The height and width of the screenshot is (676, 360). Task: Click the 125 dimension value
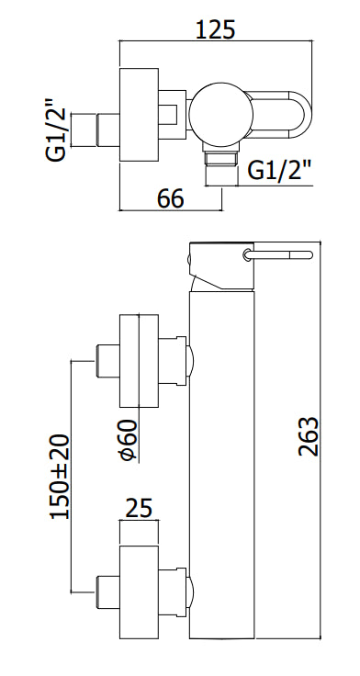tap(216, 28)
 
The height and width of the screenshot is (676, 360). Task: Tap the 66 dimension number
tap(170, 198)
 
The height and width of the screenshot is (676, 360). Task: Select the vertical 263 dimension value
tap(309, 436)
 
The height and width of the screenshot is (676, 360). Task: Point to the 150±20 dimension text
tap(60, 476)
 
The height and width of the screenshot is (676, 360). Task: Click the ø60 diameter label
tap(128, 440)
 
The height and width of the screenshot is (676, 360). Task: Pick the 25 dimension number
tap(139, 508)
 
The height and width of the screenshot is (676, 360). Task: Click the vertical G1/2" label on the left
tap(56, 130)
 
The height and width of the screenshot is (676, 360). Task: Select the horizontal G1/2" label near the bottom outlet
tap(280, 170)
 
